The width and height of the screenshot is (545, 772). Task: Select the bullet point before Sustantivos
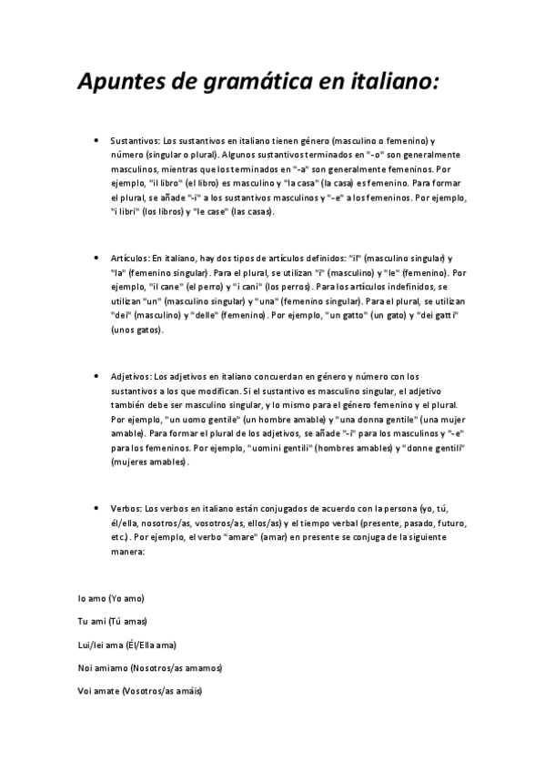pyautogui.click(x=96, y=141)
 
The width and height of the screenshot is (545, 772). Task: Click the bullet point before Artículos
pyautogui.click(x=96, y=259)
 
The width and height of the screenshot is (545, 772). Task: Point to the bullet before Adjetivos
pyautogui.click(x=96, y=376)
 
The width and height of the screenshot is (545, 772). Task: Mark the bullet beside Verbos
pyautogui.click(x=96, y=507)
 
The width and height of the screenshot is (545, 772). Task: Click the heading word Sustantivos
pyautogui.click(x=134, y=142)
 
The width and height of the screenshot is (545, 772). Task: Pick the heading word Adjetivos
pyautogui.click(x=130, y=377)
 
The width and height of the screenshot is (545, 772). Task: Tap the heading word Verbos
pyautogui.click(x=125, y=508)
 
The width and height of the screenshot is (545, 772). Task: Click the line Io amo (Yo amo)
pyautogui.click(x=111, y=598)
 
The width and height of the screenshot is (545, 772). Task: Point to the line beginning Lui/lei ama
pyautogui.click(x=126, y=645)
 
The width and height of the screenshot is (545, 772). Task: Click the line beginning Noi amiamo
pyautogui.click(x=150, y=668)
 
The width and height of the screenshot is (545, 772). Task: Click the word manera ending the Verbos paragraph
pyautogui.click(x=126, y=552)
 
